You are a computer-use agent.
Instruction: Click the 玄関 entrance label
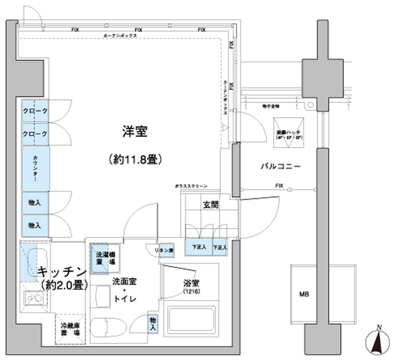pos(211,205)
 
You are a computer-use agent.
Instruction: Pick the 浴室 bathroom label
pos(191,284)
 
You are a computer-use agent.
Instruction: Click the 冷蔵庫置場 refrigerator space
pos(69,329)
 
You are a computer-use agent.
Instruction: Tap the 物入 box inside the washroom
pos(153,324)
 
